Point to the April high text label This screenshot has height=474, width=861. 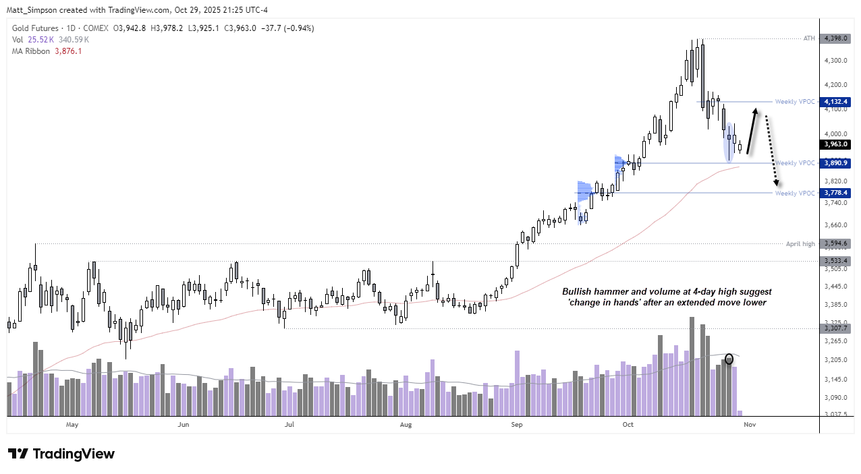[800, 243]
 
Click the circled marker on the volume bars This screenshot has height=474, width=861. [729, 359]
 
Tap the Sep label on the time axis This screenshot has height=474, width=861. [516, 425]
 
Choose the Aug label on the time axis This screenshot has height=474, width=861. [406, 425]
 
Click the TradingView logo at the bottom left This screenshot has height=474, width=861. [61, 454]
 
